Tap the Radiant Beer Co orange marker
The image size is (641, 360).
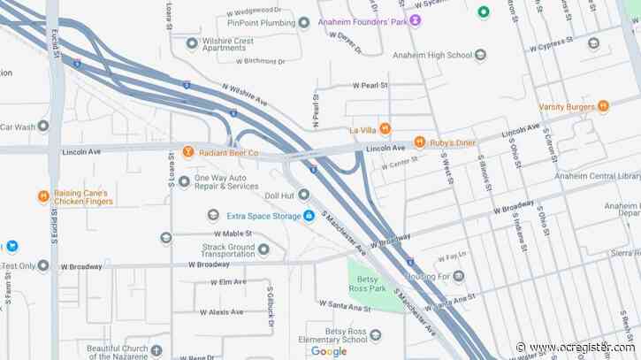pos(188,153)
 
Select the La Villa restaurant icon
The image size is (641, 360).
pos(385,129)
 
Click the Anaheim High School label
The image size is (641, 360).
pos(441,55)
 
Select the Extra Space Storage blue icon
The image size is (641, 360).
pos(309,215)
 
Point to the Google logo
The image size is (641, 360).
pos(329,351)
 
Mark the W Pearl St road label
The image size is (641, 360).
pos(372,86)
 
